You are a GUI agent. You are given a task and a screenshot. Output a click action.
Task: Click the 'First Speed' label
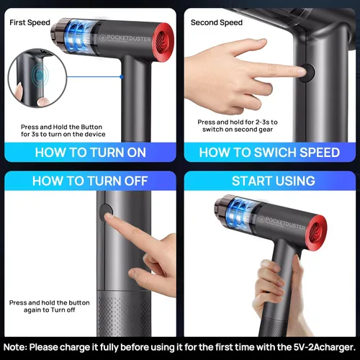point(30,22)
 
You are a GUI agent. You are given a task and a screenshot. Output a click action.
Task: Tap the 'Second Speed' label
point(217,22)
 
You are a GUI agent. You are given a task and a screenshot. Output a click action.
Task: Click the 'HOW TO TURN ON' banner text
point(91,153)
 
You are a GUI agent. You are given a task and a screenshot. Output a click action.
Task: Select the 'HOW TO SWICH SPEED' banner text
point(269,153)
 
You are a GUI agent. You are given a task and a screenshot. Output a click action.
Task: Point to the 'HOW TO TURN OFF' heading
point(90,181)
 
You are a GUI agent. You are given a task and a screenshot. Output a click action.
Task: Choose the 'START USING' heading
point(274,181)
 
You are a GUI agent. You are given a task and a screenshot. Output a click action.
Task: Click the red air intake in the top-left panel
point(163,42)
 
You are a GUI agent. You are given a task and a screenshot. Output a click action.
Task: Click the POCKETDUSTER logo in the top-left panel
point(125,39)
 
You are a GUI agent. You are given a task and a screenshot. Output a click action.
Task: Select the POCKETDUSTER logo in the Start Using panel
point(282,223)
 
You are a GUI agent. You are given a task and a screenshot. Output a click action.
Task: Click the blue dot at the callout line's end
point(122,77)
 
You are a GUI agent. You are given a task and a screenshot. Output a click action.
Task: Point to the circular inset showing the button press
point(37,78)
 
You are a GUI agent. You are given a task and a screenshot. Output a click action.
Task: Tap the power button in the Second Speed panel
point(308,73)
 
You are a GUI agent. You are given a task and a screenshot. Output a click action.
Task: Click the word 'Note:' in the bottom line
point(16,347)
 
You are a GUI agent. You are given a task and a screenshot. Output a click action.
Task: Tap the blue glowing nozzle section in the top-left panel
point(78,37)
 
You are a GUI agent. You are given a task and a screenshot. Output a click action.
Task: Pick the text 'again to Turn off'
point(50,310)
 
